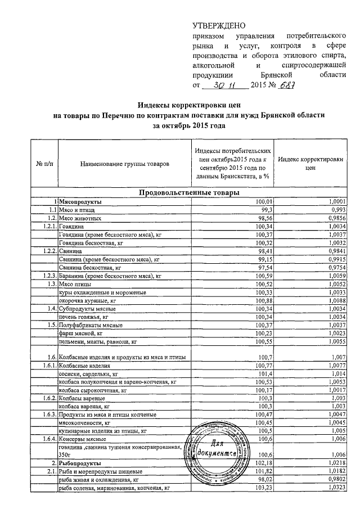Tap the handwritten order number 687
pyautogui.click(x=287, y=85)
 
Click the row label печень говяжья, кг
pyautogui.click(x=84, y=317)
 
